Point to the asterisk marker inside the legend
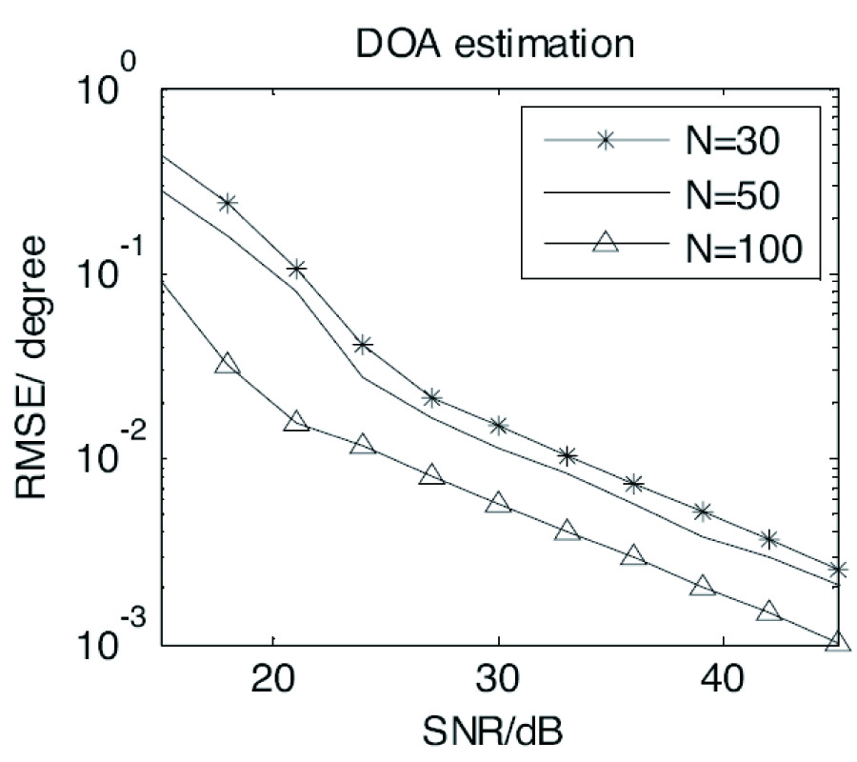[x=606, y=140]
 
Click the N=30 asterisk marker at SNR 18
[x=228, y=203]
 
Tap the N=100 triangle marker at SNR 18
[x=228, y=364]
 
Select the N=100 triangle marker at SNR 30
[x=498, y=502]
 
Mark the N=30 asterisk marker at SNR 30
[x=498, y=426]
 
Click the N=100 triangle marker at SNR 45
[x=835, y=642]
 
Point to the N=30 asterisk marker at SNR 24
[x=363, y=345]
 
